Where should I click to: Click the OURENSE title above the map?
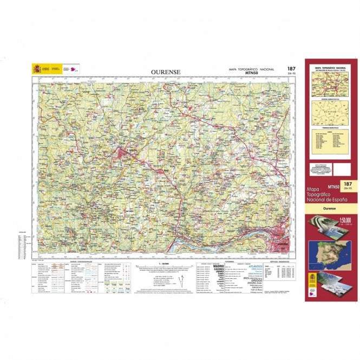[x=166, y=71]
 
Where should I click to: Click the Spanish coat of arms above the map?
[x=37, y=69]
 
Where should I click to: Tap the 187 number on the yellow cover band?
[x=348, y=185]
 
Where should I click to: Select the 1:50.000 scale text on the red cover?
[x=345, y=220]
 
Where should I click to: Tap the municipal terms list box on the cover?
[x=330, y=142]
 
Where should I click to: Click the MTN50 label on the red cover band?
[x=333, y=187]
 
